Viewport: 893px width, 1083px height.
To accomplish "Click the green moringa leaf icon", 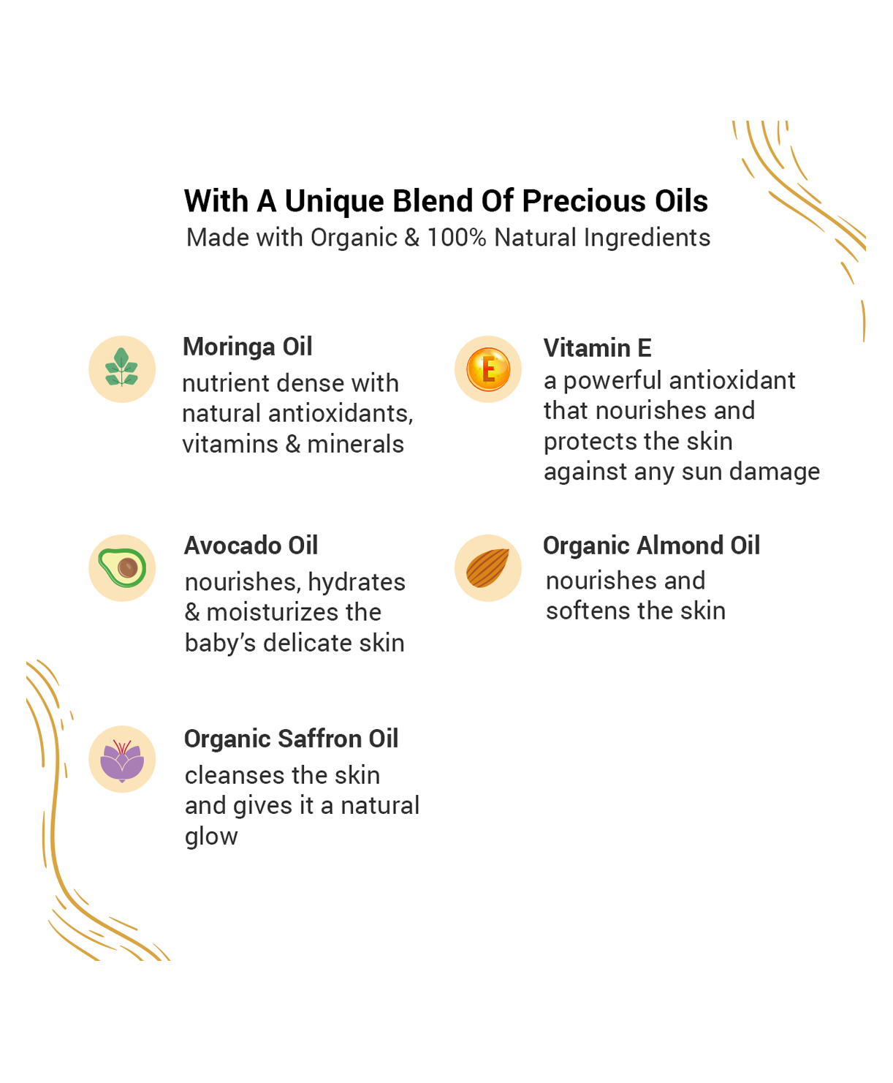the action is pos(122,367).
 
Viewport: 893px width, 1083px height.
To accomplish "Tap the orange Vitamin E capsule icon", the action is pos(488,369).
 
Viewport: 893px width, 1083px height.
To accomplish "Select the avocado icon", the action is pos(122,567).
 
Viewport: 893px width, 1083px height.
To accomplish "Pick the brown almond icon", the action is pos(487,568).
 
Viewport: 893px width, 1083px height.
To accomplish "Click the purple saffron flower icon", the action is pos(122,761).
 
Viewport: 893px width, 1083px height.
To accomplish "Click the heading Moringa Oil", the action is pos(248,347).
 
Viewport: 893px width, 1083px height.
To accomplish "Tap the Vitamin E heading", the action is pos(597,347).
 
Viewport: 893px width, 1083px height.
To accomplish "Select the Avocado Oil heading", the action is pos(251,546).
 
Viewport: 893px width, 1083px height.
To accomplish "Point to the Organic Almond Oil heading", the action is pos(651,546).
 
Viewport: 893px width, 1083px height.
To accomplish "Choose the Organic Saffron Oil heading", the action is pos(292,739).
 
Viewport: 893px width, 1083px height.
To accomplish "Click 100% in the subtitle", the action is pos(457,238).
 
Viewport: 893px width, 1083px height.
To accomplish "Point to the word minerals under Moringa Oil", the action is pos(355,445).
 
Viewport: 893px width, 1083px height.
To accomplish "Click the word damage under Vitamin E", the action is pos(775,472).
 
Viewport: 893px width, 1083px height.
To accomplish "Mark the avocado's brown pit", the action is pos(127,568).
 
